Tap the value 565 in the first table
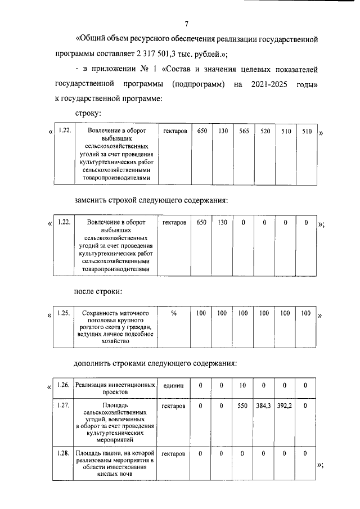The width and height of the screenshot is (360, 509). (244, 131)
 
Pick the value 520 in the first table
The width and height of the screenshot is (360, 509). (264, 131)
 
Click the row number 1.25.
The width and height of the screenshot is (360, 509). (64, 313)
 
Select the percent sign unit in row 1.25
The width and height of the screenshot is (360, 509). (174, 313)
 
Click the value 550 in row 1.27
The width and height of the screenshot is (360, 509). (243, 405)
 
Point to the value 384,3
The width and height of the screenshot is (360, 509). (264, 405)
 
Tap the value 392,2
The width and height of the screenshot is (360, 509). (285, 405)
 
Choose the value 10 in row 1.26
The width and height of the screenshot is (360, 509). (243, 385)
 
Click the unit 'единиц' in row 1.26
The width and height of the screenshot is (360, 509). (174, 385)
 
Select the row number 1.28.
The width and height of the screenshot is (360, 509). (64, 452)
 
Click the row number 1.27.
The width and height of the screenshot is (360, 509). (64, 405)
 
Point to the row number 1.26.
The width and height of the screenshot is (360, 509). (64, 385)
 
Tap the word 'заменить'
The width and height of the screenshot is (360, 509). (93, 201)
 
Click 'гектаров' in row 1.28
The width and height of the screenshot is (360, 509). (174, 452)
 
